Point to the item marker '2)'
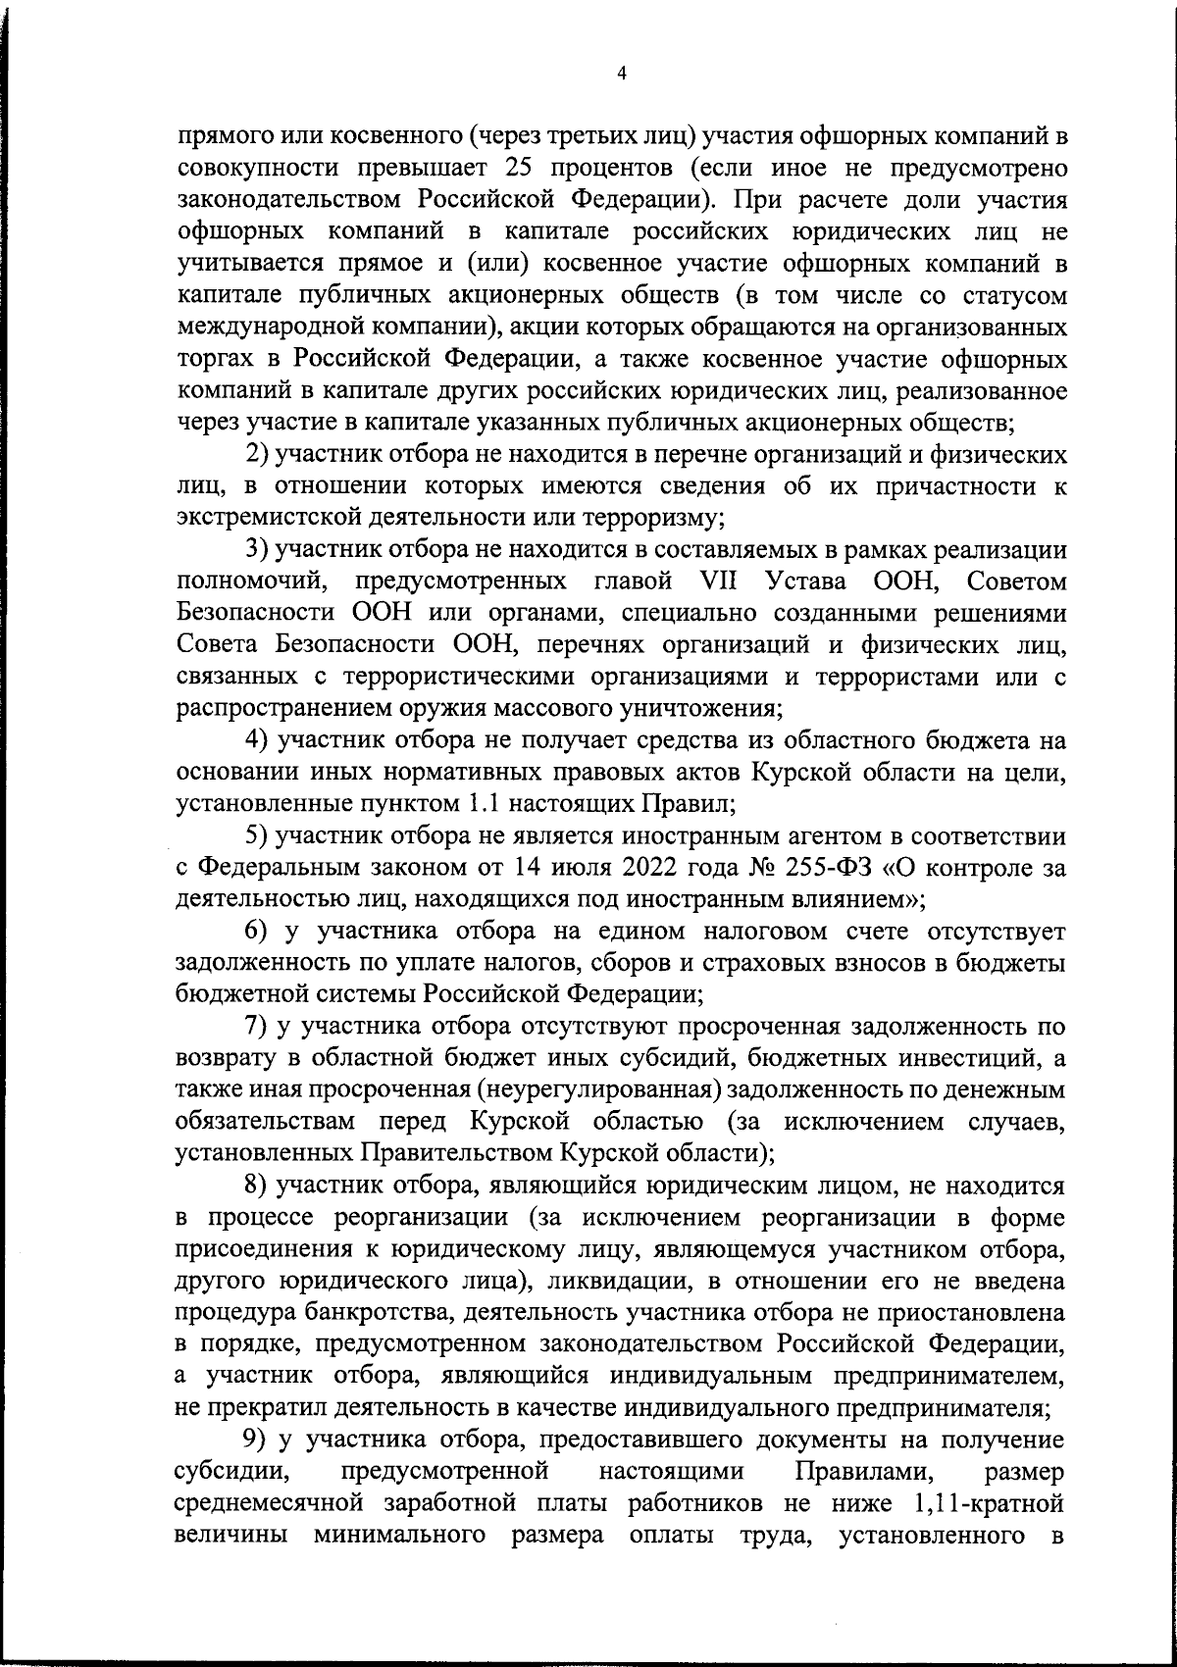[257, 455]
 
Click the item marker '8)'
[257, 1186]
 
